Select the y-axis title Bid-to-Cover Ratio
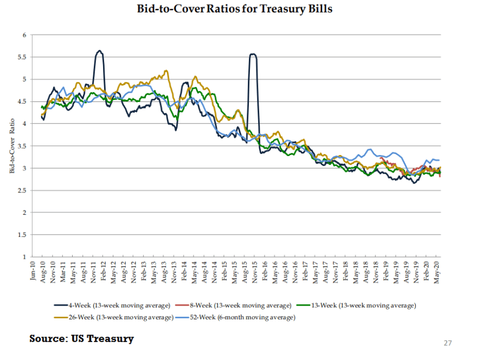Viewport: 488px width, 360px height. [12, 146]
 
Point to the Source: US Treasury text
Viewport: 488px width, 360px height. [81, 339]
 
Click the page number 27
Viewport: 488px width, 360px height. [447, 343]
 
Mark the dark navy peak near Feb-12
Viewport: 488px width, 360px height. [99, 51]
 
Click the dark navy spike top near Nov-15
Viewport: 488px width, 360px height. [253, 54]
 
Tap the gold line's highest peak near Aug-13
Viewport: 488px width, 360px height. [165, 70]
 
